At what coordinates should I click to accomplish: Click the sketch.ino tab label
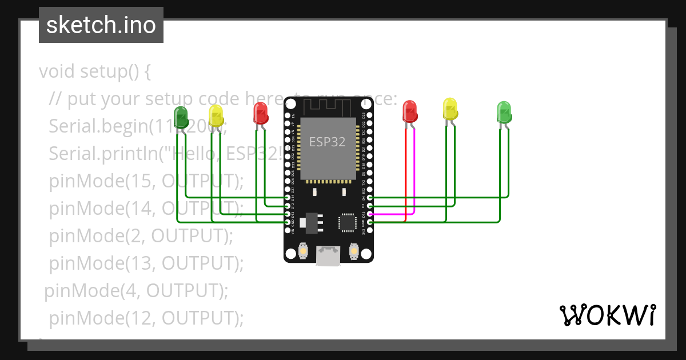[101, 25]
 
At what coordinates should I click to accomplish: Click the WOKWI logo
[607, 315]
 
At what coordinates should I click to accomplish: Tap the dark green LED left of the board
[181, 117]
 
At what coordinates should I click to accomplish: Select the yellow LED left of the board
[216, 115]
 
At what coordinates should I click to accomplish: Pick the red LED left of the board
[261, 113]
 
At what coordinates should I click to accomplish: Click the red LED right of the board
[410, 111]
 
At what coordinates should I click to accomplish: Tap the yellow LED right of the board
[450, 109]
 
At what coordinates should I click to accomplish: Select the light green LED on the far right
[504, 112]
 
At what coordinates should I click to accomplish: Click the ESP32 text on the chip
[328, 142]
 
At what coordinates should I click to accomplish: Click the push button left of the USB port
[304, 250]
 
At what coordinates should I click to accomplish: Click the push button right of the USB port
[353, 250]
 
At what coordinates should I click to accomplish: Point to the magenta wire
[394, 215]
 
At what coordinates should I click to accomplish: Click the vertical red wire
[406, 171]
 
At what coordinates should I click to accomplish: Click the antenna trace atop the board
[328, 106]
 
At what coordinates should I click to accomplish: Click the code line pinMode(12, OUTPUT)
[146, 318]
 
